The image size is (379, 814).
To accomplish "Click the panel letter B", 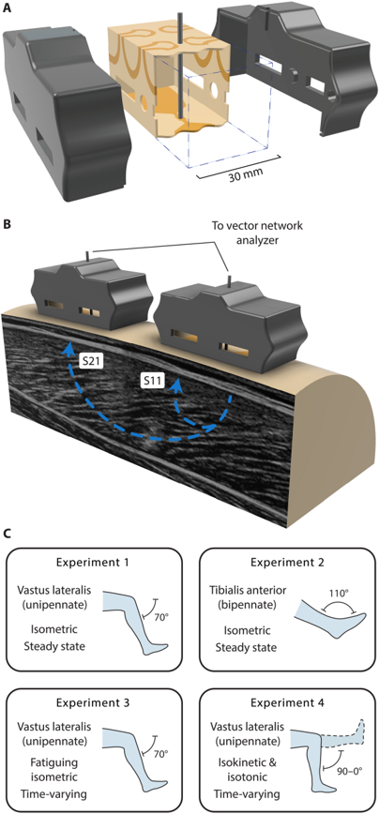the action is point(7,226).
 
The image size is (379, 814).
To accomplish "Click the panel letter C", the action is point(7,534).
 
